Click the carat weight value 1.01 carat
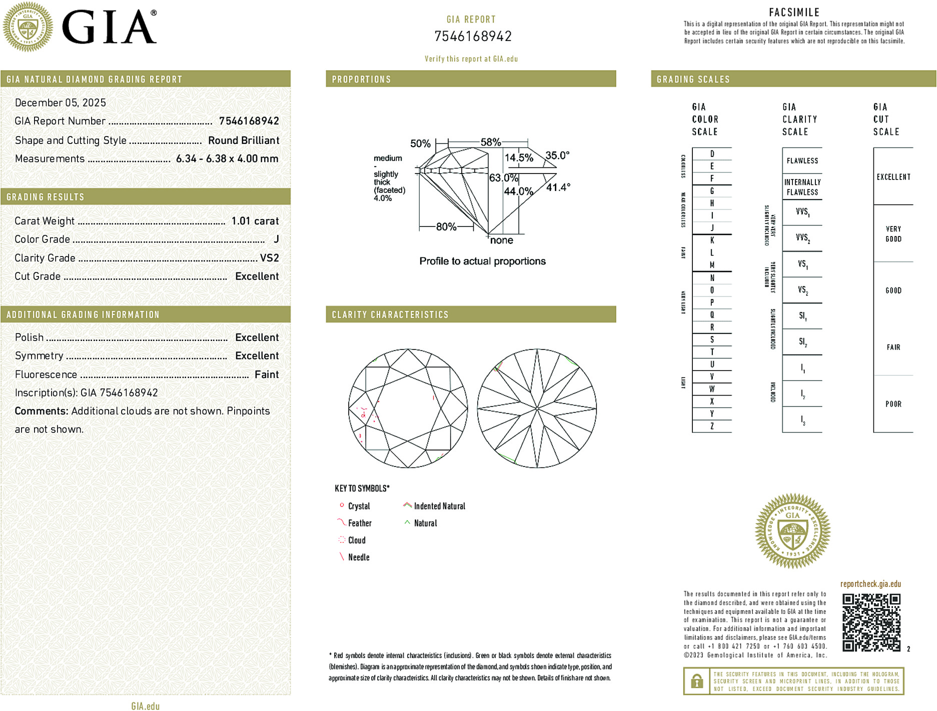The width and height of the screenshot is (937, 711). (x=255, y=221)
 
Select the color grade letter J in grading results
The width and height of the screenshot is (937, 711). (x=276, y=239)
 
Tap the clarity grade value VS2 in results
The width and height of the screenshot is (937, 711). (x=269, y=258)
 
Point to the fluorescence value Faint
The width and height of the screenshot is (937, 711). (x=266, y=374)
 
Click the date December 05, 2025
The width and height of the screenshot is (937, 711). (x=61, y=102)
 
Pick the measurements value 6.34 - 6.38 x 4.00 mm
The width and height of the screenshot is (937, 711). (x=227, y=158)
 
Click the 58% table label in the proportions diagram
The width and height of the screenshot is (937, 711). (x=490, y=142)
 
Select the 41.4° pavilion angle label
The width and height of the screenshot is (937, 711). (x=558, y=187)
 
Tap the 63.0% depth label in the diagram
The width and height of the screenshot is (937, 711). (x=503, y=178)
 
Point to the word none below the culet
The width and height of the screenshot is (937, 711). (x=501, y=240)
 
